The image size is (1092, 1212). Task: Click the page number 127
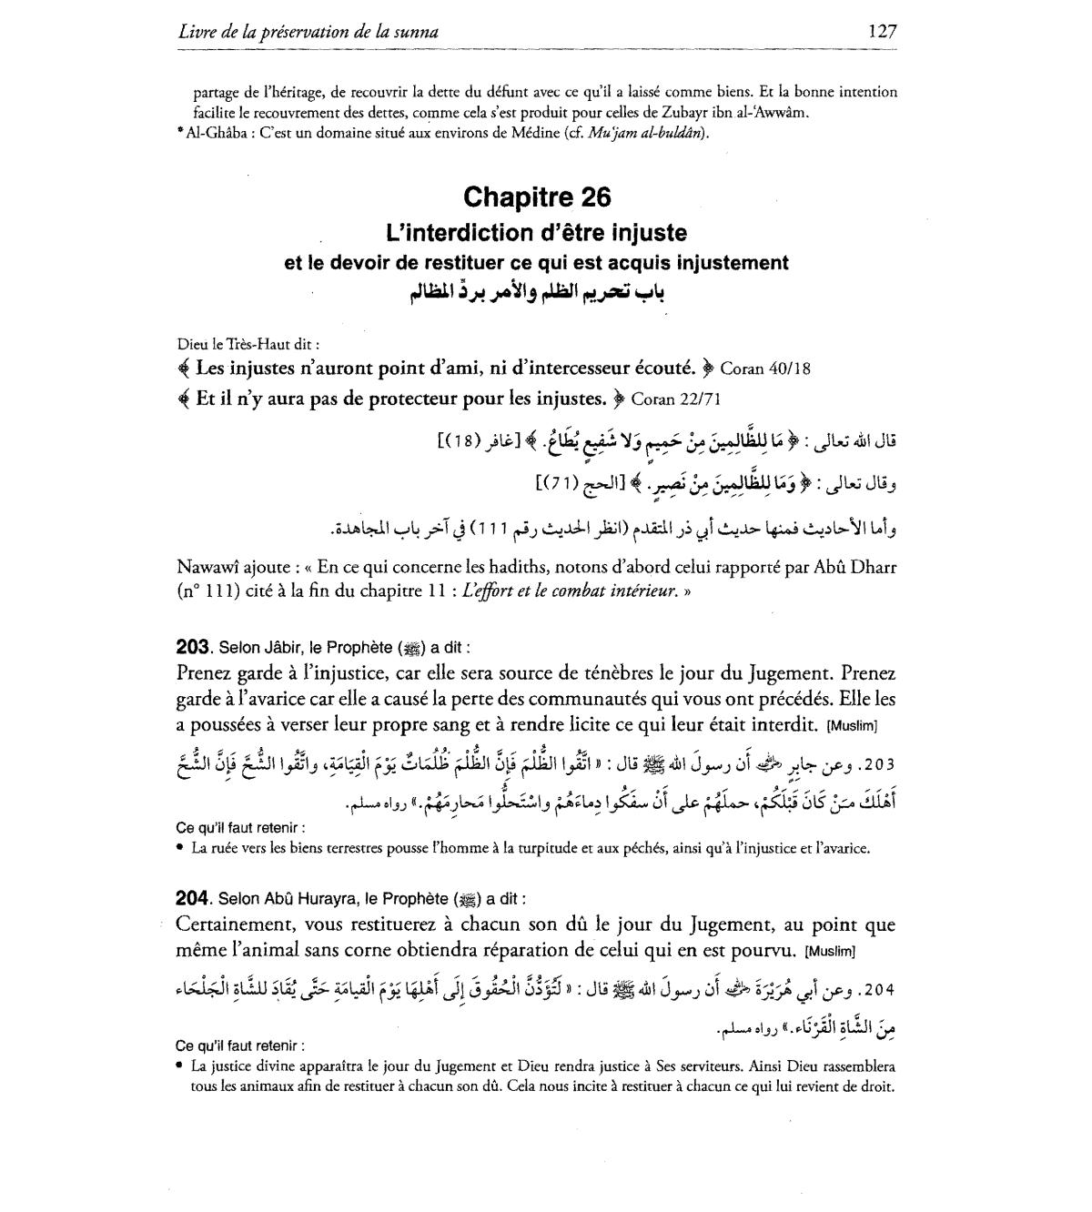pos(882,31)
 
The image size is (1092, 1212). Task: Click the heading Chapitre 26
pos(536,197)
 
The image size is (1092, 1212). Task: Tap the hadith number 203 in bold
pos(192,648)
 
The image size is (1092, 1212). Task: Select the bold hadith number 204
pos(192,899)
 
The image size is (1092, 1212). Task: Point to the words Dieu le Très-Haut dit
pos(248,345)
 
